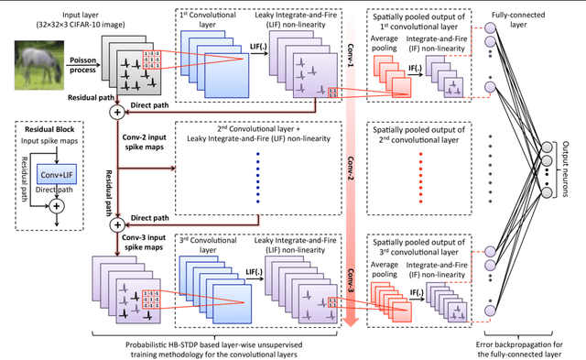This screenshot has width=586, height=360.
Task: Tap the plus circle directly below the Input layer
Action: [x=115, y=113]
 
